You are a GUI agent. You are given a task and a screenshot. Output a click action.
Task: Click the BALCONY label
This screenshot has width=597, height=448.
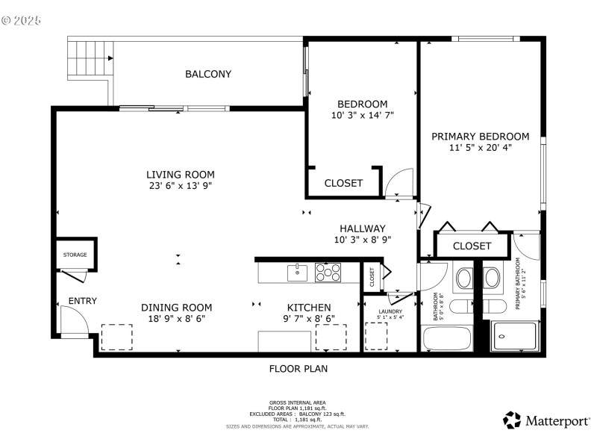(208, 74)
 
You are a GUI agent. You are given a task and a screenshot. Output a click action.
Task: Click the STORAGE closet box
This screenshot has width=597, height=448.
(75, 255)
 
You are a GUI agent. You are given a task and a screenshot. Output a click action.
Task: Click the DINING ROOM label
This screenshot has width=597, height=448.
(177, 307)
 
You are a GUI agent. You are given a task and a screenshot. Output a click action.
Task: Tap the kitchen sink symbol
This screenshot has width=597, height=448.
(298, 272)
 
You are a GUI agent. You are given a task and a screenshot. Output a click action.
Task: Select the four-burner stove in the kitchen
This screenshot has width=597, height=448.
(328, 272)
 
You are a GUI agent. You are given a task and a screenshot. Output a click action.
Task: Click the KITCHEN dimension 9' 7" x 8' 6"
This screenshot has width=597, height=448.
(310, 319)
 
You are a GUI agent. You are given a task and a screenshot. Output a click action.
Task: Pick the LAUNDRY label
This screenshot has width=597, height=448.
(390, 311)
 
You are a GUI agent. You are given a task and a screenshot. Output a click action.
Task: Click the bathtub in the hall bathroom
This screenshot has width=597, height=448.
(447, 339)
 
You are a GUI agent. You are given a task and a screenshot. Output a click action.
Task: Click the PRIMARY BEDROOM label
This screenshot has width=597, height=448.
(480, 137)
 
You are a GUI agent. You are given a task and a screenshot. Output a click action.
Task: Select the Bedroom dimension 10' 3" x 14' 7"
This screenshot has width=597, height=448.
(362, 116)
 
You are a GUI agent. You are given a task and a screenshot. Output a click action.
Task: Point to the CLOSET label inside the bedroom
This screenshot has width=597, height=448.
(343, 183)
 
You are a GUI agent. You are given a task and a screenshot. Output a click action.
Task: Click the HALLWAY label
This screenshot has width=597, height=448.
(362, 228)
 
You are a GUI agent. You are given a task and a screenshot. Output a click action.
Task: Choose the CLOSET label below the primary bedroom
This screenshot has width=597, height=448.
(472, 246)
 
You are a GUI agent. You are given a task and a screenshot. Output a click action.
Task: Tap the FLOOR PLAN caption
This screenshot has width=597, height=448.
(298, 368)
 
